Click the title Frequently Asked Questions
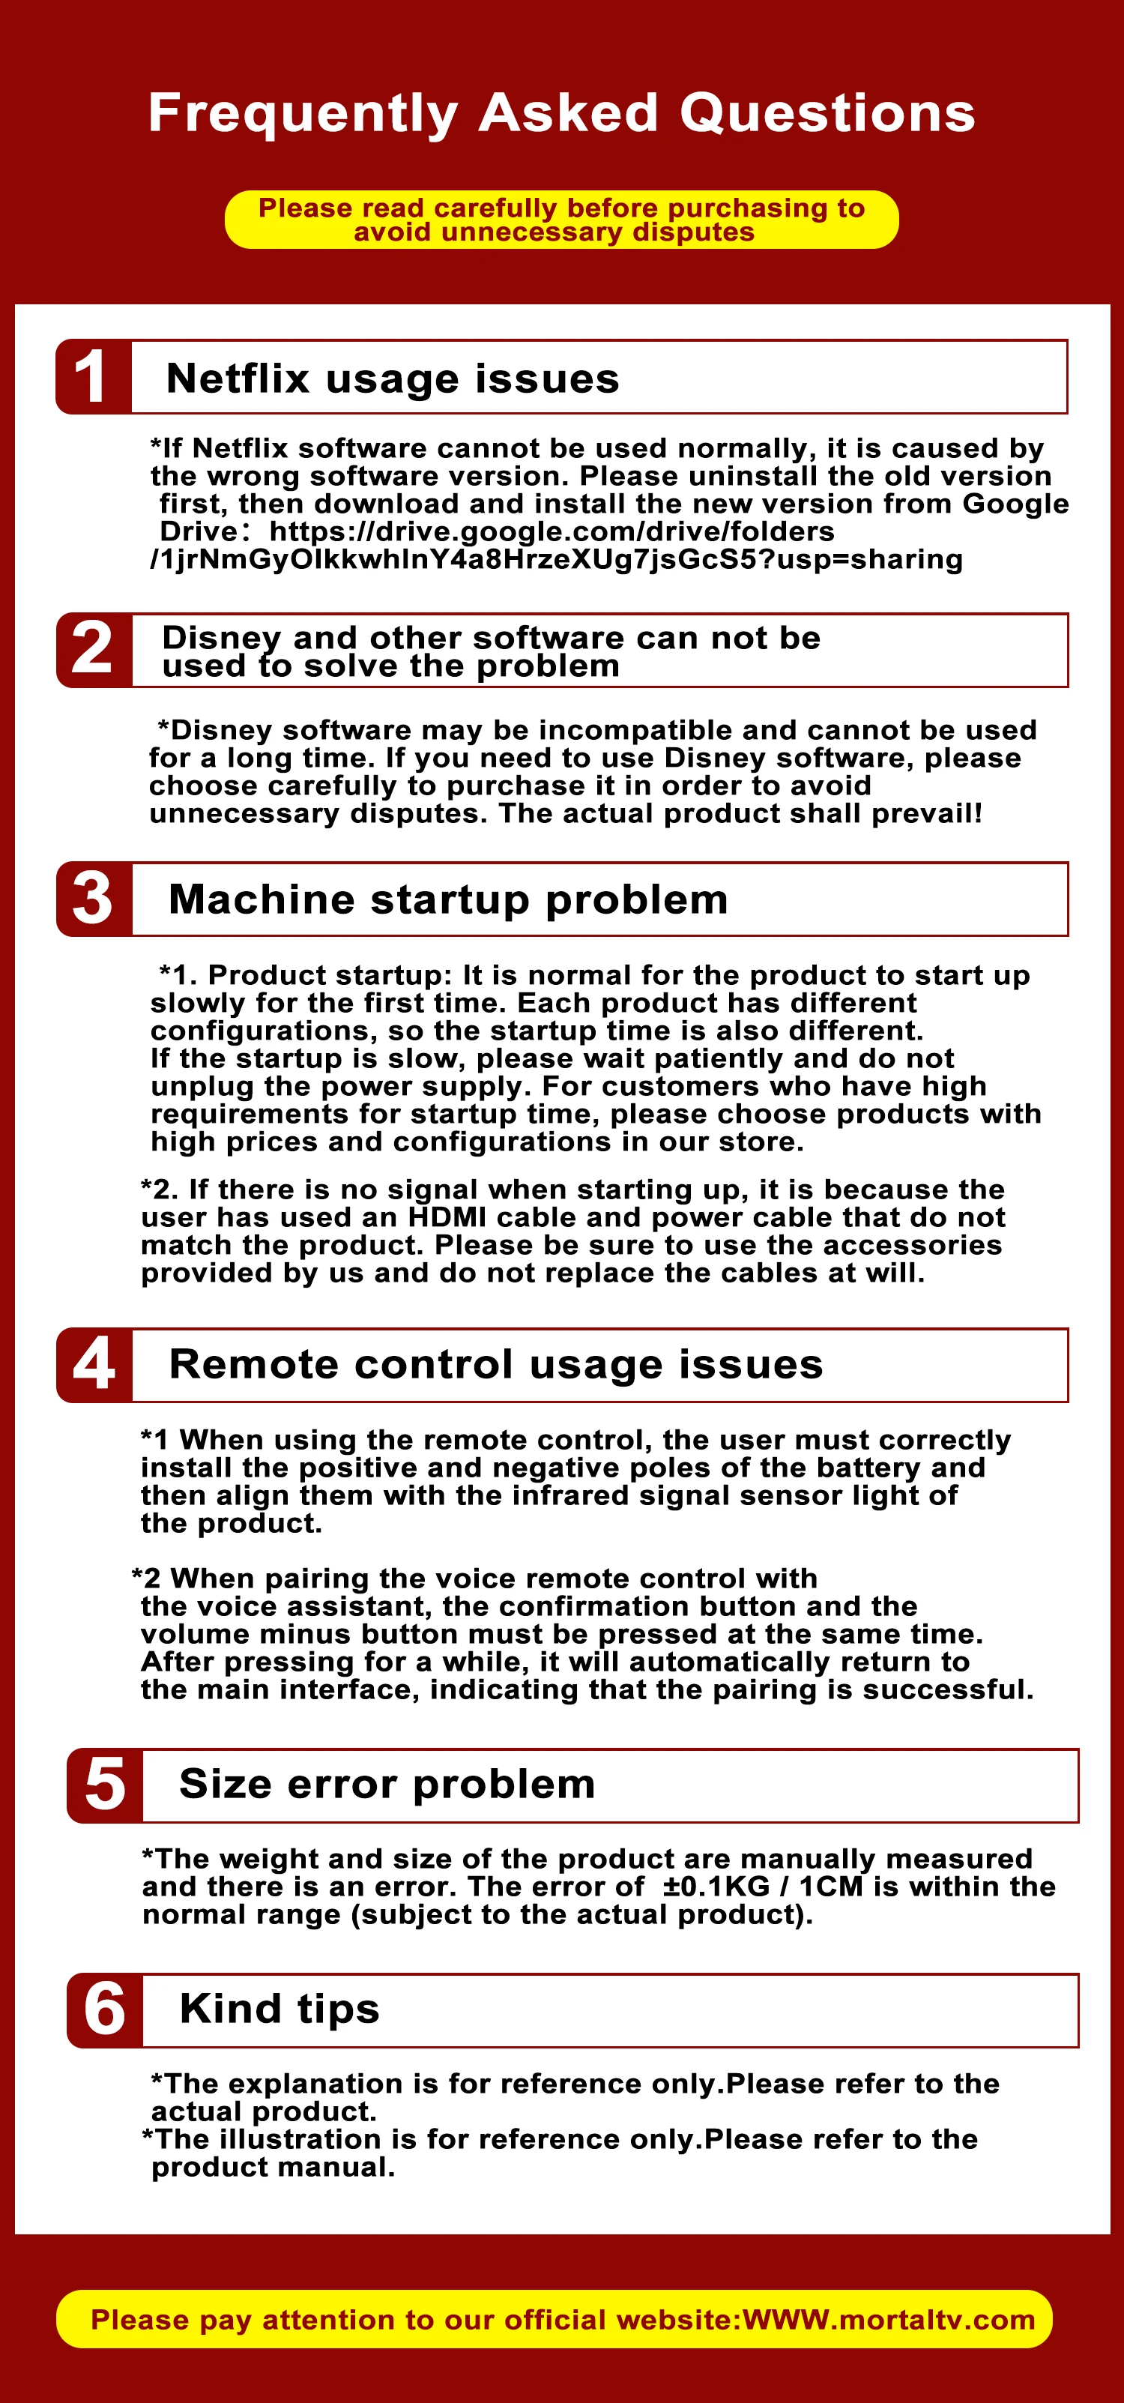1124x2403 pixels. (561, 113)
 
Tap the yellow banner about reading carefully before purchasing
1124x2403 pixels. (561, 219)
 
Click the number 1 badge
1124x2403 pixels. (93, 377)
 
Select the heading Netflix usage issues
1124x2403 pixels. (393, 379)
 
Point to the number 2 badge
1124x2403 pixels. (93, 650)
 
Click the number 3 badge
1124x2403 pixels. (93, 899)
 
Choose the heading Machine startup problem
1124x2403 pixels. (448, 900)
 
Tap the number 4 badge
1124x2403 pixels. (93, 1365)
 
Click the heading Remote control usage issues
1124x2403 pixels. (496, 1365)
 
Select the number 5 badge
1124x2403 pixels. (104, 1785)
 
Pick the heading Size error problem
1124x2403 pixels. (387, 1785)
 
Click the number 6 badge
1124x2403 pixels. (104, 2010)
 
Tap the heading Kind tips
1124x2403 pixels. (280, 2009)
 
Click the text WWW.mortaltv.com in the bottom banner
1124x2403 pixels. (889, 2319)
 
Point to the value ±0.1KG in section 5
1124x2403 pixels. (716, 1887)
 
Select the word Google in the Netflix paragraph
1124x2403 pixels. (1016, 504)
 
